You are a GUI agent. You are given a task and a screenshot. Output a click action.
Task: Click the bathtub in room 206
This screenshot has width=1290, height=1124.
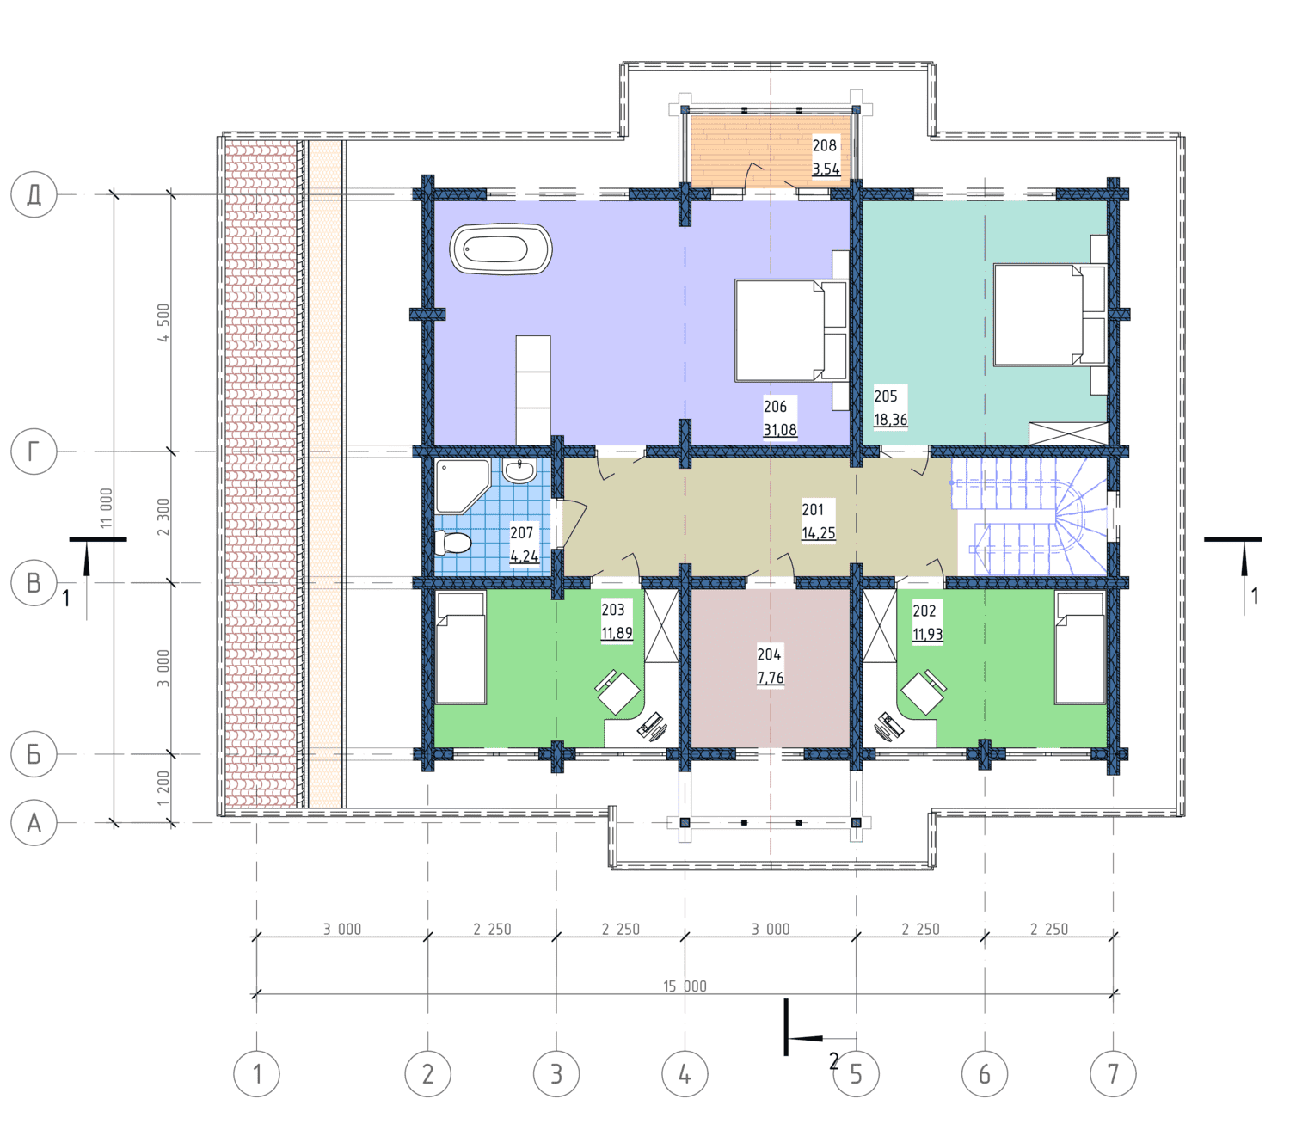(x=501, y=249)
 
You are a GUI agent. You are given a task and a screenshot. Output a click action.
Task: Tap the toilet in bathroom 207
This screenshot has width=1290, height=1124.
(x=452, y=542)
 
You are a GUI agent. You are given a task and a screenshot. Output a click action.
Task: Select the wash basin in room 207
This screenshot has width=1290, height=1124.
(x=519, y=470)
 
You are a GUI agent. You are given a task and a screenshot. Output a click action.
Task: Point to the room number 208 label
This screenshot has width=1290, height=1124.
(x=824, y=145)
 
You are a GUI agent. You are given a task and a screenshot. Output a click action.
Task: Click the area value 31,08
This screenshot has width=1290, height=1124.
(x=780, y=430)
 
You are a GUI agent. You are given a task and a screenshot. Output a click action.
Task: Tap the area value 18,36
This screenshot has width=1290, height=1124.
(x=890, y=419)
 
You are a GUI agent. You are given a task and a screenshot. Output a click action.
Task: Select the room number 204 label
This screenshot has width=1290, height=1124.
(x=769, y=654)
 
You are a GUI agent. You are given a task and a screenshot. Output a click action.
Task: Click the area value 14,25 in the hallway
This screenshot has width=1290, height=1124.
(x=819, y=532)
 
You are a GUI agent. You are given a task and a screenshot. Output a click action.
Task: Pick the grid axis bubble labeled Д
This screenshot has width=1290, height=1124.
(x=34, y=195)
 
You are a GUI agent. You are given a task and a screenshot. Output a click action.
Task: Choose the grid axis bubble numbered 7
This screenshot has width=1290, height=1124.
(x=1113, y=1073)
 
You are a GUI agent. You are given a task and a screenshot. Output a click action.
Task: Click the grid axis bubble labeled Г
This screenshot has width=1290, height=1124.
(x=34, y=451)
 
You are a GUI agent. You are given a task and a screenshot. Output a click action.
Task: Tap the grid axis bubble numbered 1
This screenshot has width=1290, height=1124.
(x=256, y=1073)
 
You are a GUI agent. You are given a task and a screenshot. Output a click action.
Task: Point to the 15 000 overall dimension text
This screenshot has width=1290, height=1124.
(x=685, y=986)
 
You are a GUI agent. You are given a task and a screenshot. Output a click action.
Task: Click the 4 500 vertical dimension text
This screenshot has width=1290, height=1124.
(x=163, y=322)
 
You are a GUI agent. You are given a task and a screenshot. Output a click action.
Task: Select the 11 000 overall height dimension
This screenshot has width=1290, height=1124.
(x=106, y=508)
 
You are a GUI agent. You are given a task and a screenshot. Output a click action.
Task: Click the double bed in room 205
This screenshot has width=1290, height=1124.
(x=1050, y=315)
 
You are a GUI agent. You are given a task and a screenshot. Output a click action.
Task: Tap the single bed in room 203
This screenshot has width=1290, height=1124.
(x=460, y=648)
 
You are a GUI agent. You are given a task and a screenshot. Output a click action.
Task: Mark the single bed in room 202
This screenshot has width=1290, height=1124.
(x=1080, y=648)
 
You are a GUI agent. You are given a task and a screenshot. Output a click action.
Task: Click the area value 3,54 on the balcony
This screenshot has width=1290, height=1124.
(x=826, y=169)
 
